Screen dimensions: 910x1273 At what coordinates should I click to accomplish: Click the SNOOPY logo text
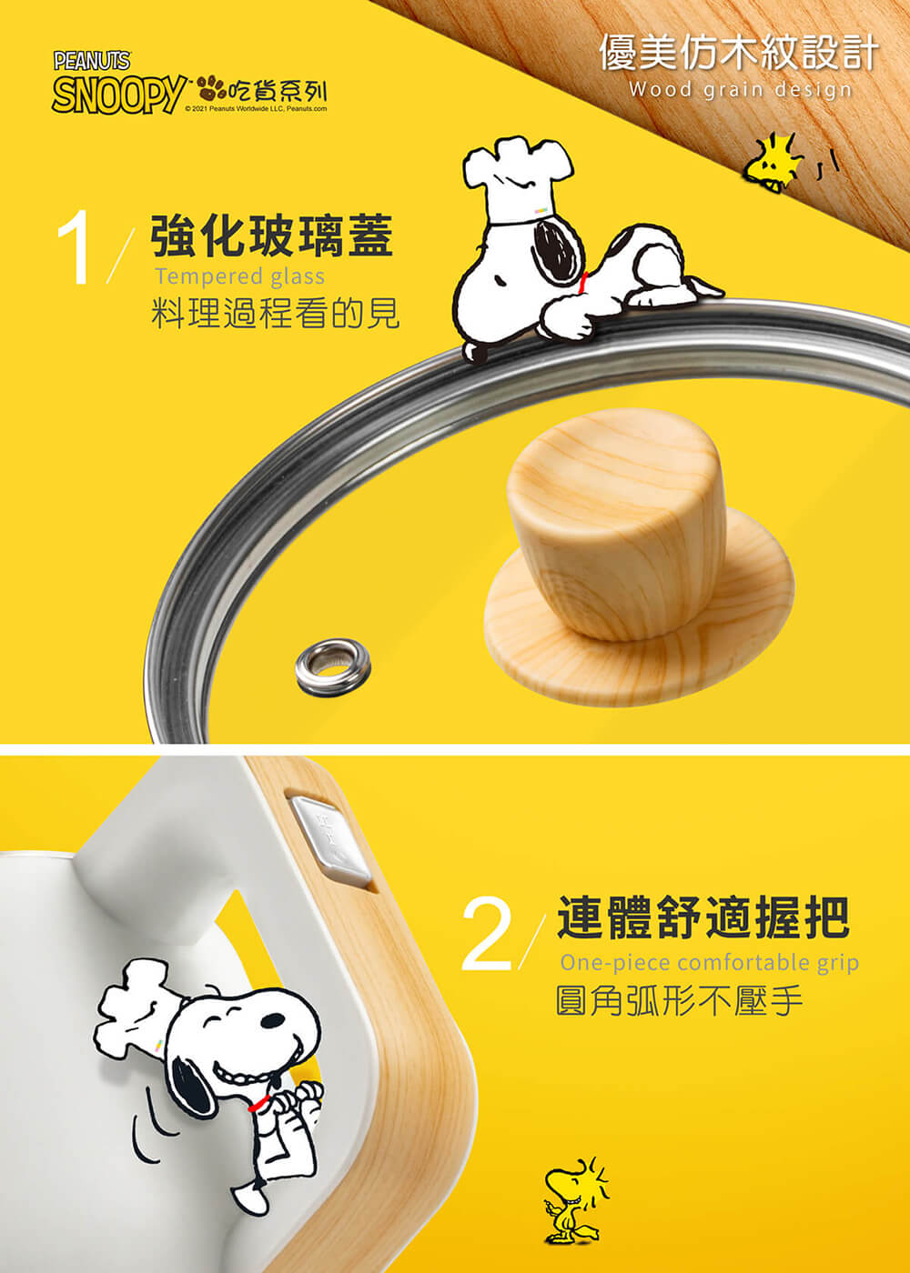tap(119, 94)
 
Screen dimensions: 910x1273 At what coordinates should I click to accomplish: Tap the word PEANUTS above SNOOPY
tap(92, 61)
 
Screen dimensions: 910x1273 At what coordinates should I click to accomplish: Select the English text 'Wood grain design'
tap(741, 90)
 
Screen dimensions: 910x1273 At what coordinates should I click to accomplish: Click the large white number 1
tap(75, 247)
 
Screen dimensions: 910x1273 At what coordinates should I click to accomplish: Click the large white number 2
tap(486, 935)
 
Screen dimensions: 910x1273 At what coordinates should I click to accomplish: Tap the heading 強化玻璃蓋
tap(272, 236)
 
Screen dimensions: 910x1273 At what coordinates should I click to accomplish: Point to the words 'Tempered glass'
tap(240, 276)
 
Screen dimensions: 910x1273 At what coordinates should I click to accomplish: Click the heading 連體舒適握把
tap(703, 917)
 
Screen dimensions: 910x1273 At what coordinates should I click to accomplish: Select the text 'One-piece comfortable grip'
tap(709, 963)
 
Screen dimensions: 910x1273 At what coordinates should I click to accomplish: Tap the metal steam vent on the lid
tap(333, 667)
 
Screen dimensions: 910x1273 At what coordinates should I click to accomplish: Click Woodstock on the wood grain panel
tap(772, 163)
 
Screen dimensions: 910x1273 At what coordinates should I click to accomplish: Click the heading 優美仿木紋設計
tap(739, 53)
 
